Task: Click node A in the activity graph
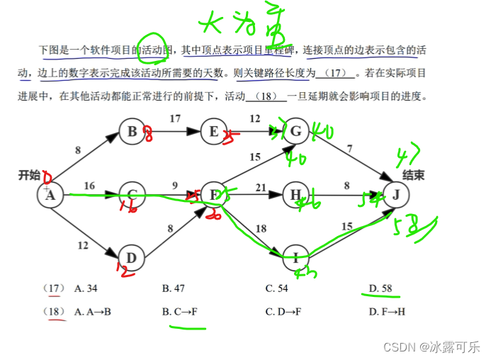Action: tap(50, 194)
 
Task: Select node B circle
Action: tap(132, 131)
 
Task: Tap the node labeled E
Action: tap(213, 131)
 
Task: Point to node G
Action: tap(296, 131)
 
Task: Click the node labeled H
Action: tap(296, 194)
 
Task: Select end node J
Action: tap(396, 194)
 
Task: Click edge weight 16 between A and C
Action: tap(89, 186)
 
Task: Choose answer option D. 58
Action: tap(381, 288)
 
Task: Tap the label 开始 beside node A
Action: tap(30, 175)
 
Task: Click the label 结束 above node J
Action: tap(413, 175)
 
